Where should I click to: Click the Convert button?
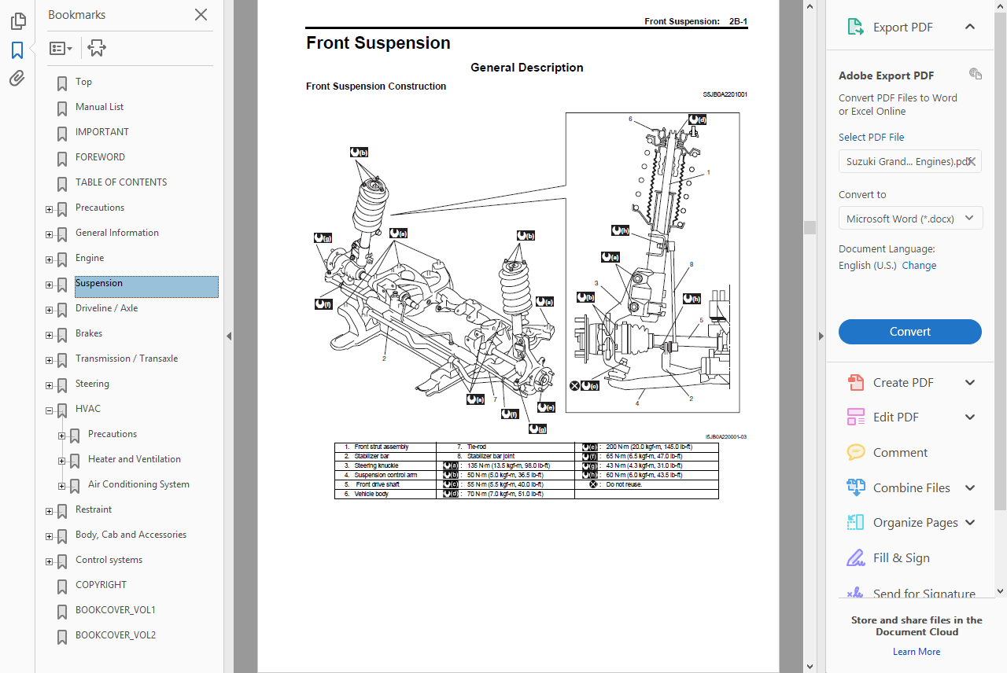pyautogui.click(x=909, y=332)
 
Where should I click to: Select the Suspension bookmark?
pyautogui.click(x=99, y=283)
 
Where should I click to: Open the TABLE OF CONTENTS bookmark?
pyautogui.click(x=121, y=182)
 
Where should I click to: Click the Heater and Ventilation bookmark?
pyautogui.click(x=134, y=459)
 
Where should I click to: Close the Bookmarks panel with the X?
pyautogui.click(x=201, y=15)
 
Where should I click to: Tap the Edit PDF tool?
pyautogui.click(x=895, y=417)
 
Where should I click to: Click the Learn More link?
pyautogui.click(x=916, y=652)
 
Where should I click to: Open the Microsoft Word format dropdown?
pyautogui.click(x=910, y=219)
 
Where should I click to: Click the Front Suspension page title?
pyautogui.click(x=378, y=43)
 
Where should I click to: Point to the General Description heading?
pyautogui.click(x=526, y=68)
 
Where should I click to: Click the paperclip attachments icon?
pyautogui.click(x=17, y=79)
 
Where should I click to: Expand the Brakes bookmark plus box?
pyautogui.click(x=49, y=335)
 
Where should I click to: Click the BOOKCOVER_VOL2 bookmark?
pyautogui.click(x=115, y=635)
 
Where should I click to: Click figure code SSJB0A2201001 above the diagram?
pyautogui.click(x=725, y=94)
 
